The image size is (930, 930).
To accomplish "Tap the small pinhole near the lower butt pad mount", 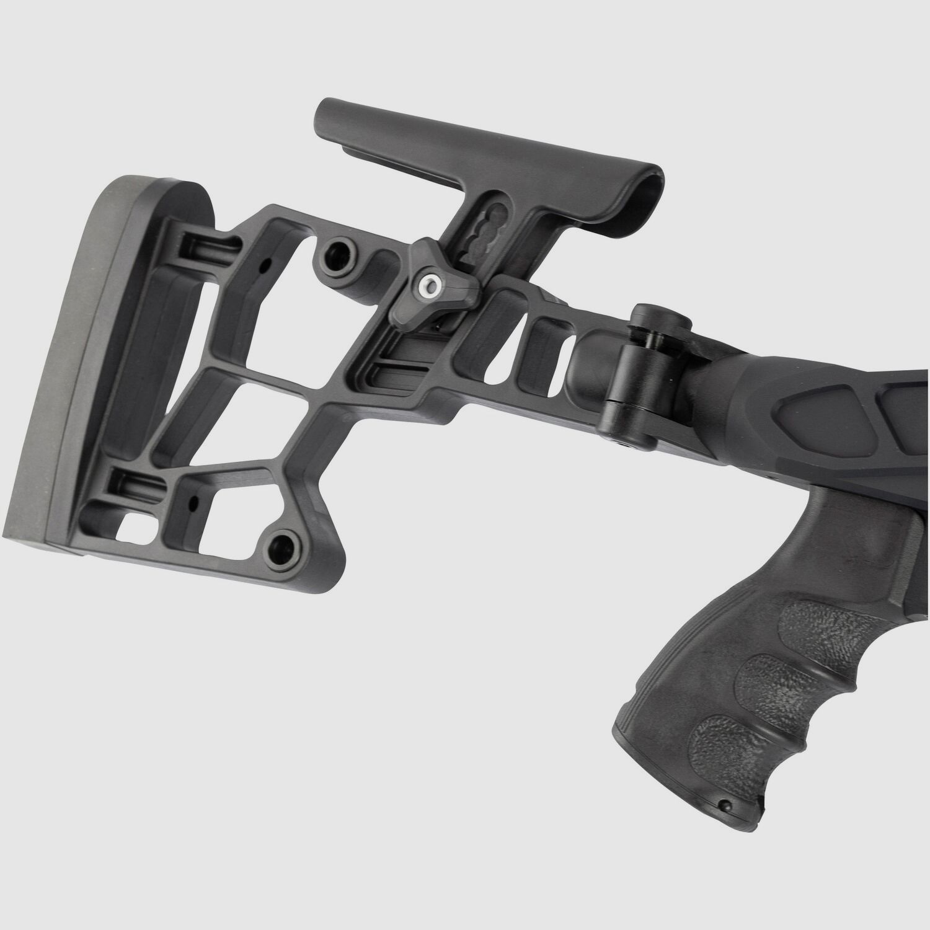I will pos(195,499).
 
